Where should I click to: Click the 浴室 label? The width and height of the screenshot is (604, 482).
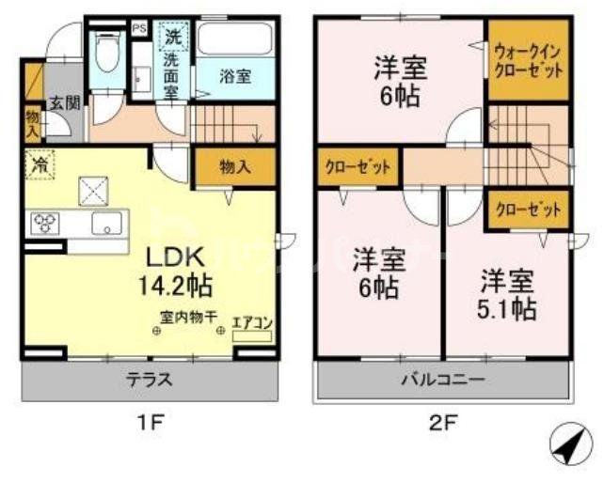tap(235, 77)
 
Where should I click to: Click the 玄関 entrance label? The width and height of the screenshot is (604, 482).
tap(64, 102)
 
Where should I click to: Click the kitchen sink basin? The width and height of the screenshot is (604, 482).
tap(105, 224)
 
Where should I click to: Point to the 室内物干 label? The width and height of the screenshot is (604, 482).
tap(188, 319)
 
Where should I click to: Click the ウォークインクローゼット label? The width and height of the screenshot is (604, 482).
tap(527, 61)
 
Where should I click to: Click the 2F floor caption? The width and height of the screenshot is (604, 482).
tap(443, 422)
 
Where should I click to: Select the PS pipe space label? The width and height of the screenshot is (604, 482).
tap(139, 28)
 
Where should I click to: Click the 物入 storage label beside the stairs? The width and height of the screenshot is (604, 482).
tap(234, 168)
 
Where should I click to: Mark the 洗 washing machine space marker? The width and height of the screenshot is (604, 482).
tap(172, 39)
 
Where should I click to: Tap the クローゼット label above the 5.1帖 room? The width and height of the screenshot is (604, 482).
tap(527, 210)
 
